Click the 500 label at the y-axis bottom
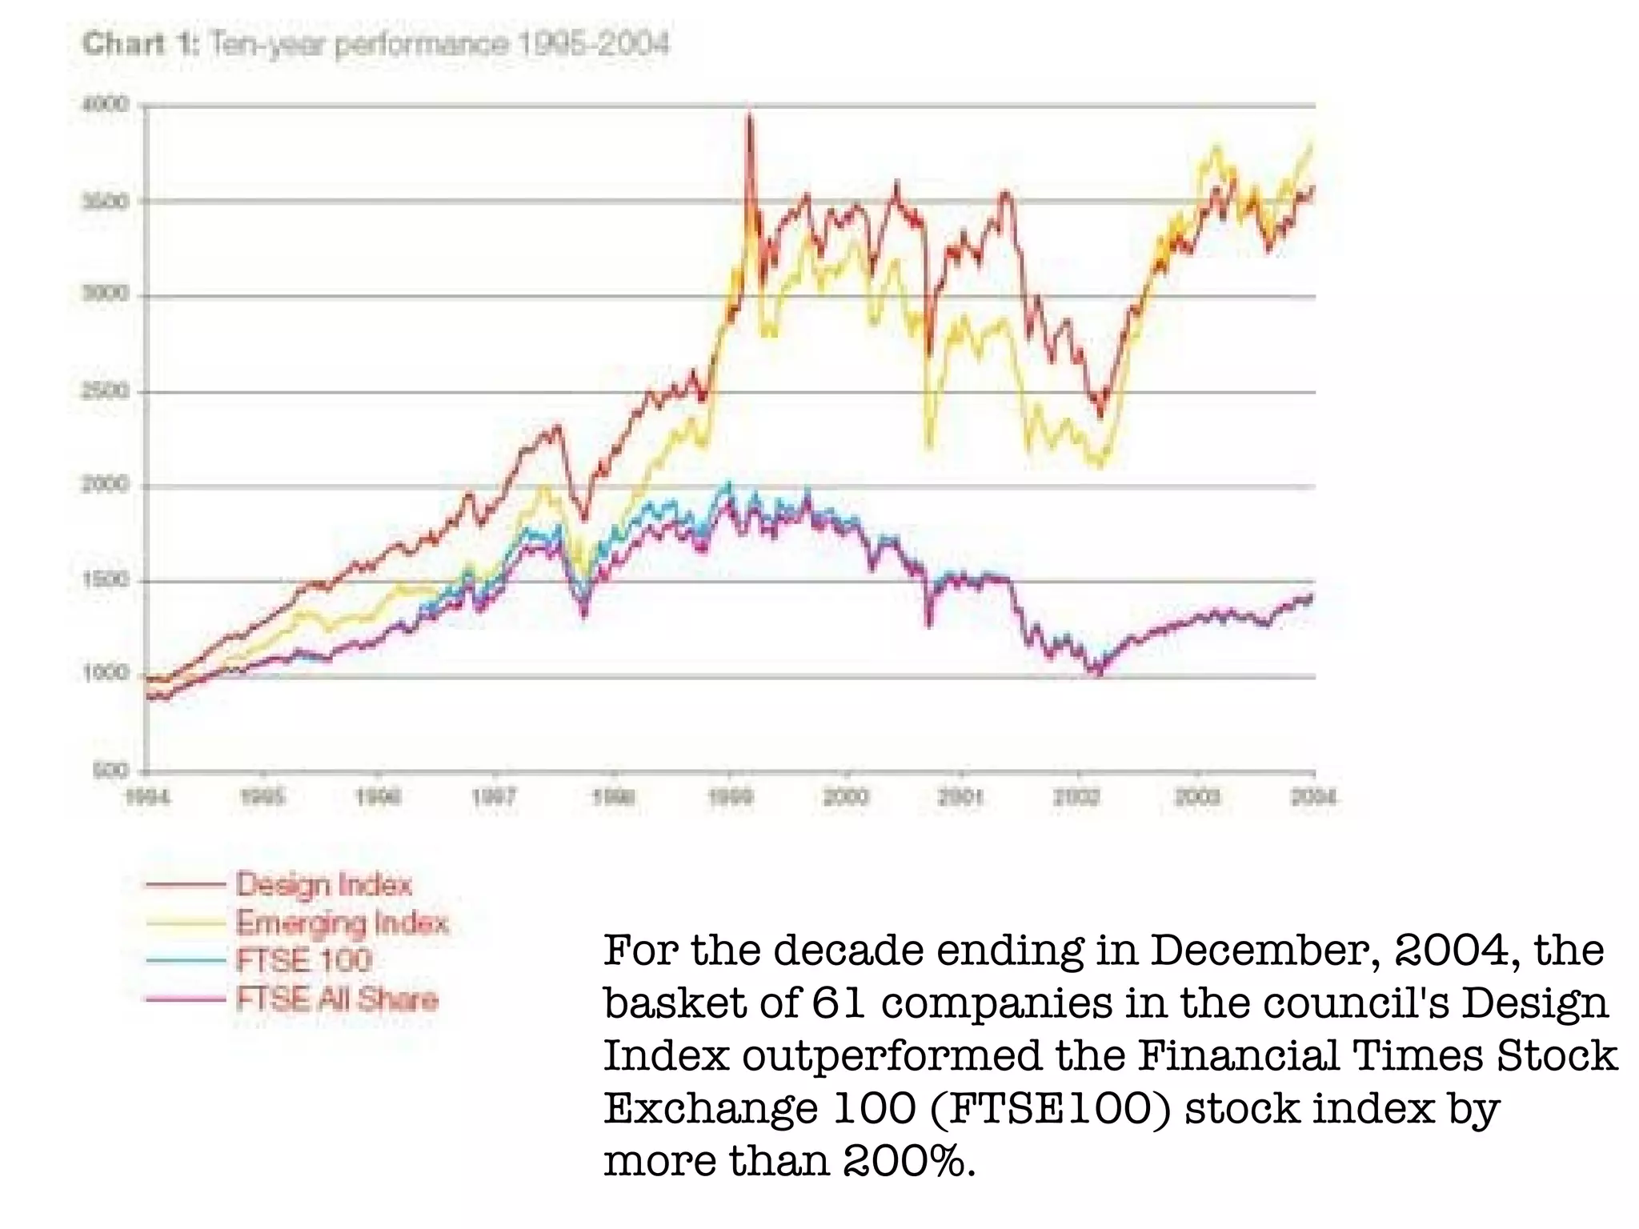pos(110,771)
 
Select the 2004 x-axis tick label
pos(1312,797)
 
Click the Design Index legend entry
pos(323,885)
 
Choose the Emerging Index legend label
pos(342,923)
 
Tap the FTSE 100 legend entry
pos(304,960)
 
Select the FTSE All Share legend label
pos(337,999)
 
